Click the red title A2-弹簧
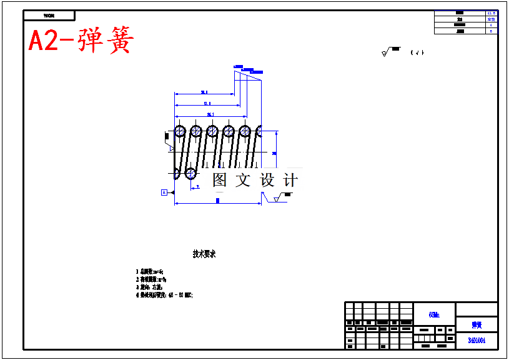coord(81,41)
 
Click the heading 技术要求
coord(204,254)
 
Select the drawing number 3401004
coord(477,341)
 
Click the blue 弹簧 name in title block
coord(477,325)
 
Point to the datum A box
coord(164,192)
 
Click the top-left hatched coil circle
coord(180,131)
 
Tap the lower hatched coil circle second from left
coord(191,173)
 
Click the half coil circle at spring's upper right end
coord(259,131)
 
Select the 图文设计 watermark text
coord(255,180)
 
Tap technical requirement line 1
coord(150,271)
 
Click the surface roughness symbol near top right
coord(387,52)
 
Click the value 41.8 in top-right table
coord(491,13)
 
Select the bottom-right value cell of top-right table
coord(491,31)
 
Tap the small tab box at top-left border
coord(49,16)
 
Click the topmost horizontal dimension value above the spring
coord(204,92)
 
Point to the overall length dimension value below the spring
coord(217,201)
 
